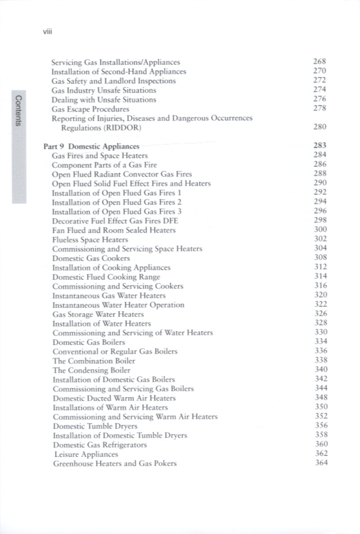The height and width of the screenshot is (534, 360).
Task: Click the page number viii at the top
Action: [47, 32]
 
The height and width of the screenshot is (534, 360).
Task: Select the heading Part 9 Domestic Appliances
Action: [91, 146]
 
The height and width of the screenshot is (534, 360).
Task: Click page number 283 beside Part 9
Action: [320, 146]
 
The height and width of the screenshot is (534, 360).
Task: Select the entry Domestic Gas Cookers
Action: [91, 258]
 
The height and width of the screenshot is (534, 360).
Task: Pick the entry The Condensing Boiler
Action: [91, 370]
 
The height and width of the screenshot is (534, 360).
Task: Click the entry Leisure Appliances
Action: [86, 454]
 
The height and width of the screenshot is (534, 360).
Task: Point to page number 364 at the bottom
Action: [320, 463]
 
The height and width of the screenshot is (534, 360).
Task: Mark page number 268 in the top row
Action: [320, 62]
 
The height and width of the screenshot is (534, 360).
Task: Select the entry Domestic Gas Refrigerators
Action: [100, 445]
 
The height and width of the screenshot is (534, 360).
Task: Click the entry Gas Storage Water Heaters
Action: [97, 314]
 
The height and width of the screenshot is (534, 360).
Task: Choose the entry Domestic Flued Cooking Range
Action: [106, 277]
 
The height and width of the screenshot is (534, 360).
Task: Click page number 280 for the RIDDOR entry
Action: [320, 128]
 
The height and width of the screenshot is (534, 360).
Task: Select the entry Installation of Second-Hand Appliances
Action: [118, 71]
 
